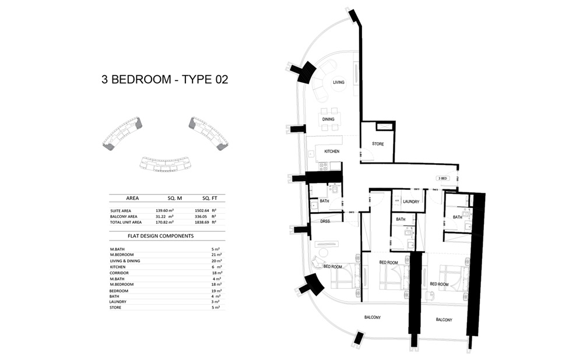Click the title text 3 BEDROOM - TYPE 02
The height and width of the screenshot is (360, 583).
[x=164, y=80]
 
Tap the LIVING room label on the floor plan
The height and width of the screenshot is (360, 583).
[x=339, y=83]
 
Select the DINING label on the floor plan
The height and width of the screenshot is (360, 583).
[x=328, y=119]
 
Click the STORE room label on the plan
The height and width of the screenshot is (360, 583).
[x=378, y=144]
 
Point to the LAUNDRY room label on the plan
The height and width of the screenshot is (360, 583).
[x=410, y=202]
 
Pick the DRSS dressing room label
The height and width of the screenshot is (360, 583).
[x=326, y=221]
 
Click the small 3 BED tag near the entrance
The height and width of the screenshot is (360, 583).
[x=442, y=178]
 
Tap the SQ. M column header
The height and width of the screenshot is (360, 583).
[x=175, y=198]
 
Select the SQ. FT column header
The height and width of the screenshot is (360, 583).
[x=209, y=198]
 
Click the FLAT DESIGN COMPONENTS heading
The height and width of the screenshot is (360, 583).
[x=160, y=236]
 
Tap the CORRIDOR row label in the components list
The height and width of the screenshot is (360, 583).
[x=120, y=273]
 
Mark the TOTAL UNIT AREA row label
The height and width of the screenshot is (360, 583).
[x=126, y=222]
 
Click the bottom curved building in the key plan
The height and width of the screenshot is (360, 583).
[x=166, y=164]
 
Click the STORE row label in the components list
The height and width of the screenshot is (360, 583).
[x=115, y=307]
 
